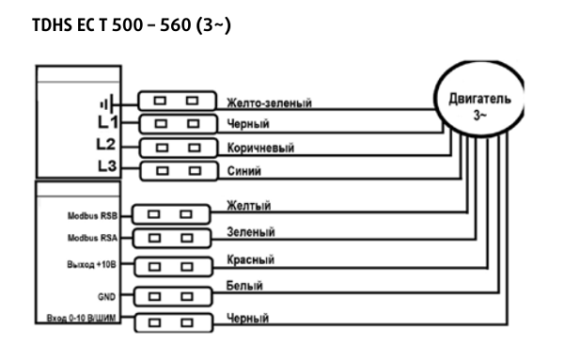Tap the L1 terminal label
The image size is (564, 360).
tap(107, 123)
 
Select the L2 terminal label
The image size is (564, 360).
tap(107, 146)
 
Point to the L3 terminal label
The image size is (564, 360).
tap(107, 168)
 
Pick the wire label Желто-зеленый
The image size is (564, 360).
tap(269, 102)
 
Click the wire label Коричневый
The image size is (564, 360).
tap(260, 148)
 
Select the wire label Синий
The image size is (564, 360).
tap(243, 171)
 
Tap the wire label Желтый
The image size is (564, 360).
tap(249, 205)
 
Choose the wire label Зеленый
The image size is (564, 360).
tap(251, 231)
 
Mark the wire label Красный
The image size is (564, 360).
tap(252, 258)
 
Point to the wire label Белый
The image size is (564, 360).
tap(244, 284)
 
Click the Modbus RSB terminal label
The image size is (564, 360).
tap(91, 215)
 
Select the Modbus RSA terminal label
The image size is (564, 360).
tap(91, 239)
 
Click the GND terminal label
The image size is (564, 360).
tap(106, 295)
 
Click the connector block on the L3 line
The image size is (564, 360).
tap(177, 170)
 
